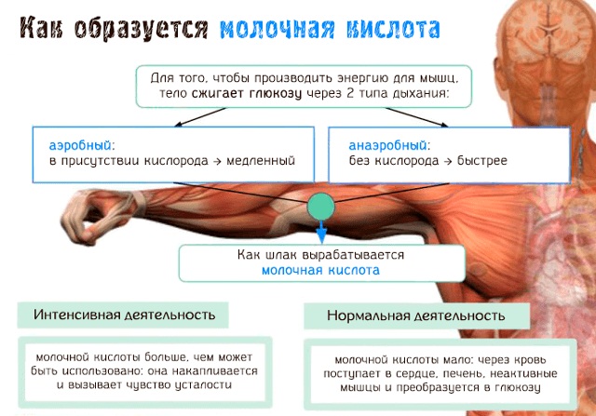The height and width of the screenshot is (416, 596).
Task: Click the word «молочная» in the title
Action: point(276,29)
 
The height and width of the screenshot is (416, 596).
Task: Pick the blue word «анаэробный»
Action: point(389,145)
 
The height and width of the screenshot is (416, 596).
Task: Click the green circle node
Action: point(320,205)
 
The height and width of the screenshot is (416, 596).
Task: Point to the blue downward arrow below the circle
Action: point(320,232)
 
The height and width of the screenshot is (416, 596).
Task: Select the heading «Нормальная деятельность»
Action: point(415,315)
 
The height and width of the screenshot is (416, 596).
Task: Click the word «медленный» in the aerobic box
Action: point(264,161)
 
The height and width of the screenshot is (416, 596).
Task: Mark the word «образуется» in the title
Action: point(141,29)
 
